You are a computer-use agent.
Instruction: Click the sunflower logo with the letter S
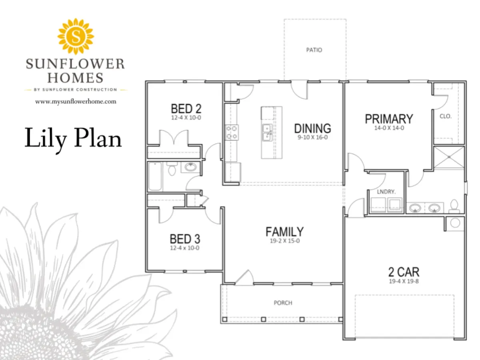[x=76, y=36]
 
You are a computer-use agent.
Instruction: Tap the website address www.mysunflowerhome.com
[x=76, y=102]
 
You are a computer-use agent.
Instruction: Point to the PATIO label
[x=314, y=50]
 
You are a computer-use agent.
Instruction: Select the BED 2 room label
[x=186, y=109]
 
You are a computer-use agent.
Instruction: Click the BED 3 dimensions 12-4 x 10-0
[x=185, y=248]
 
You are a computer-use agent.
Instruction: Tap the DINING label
[x=312, y=128]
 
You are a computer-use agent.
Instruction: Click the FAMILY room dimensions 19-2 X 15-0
[x=285, y=241]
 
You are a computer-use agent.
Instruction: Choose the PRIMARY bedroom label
[x=389, y=119]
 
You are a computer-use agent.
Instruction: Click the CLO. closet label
[x=446, y=116]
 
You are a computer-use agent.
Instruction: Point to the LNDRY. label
[x=386, y=192]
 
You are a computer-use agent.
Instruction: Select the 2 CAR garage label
[x=404, y=272]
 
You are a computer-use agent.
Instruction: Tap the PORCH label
[x=283, y=303]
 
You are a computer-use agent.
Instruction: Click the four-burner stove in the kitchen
[x=232, y=132]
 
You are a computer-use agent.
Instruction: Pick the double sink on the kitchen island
[x=268, y=133]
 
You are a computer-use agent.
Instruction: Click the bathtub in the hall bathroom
[x=155, y=176]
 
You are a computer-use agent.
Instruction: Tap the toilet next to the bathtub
[x=172, y=168]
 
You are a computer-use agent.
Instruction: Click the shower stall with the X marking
[x=449, y=157]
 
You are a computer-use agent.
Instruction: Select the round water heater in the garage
[x=455, y=223]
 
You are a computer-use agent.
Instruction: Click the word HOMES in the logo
[x=76, y=78]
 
